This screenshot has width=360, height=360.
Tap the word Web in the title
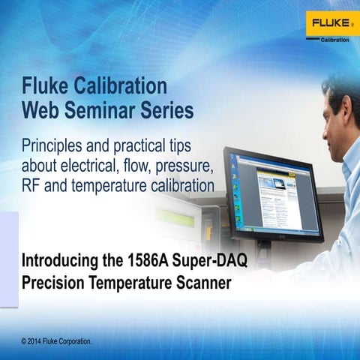tap(41, 110)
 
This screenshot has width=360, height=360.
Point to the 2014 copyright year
tap(39, 341)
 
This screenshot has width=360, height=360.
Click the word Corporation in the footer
tap(74, 341)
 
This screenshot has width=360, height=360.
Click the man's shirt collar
tap(347, 154)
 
